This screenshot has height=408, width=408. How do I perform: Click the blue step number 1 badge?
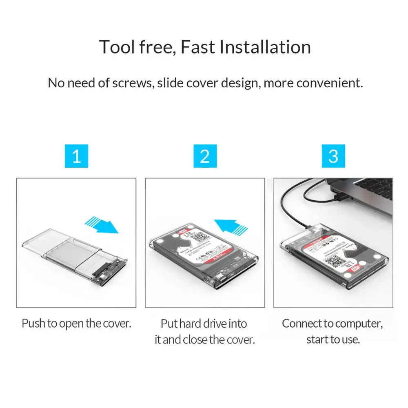[x=76, y=155]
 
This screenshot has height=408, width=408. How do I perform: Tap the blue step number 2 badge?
[x=205, y=155]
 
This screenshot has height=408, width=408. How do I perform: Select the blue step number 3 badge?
[x=333, y=155]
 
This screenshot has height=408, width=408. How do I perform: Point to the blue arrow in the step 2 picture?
[x=231, y=226]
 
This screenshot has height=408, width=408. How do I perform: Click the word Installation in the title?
[x=265, y=47]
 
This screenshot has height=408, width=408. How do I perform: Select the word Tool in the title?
[x=117, y=47]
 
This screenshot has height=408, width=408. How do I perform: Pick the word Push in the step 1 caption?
[x=33, y=324]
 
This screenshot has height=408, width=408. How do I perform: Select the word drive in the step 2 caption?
[x=214, y=324]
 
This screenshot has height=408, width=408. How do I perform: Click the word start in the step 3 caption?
[x=318, y=339]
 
